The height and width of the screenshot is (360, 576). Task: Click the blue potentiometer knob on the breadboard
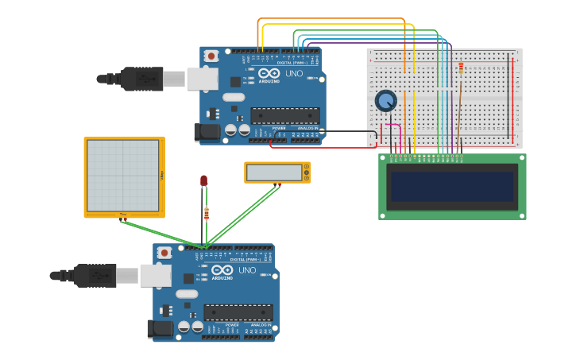(x=385, y=101)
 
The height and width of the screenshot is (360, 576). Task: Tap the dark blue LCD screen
(x=451, y=187)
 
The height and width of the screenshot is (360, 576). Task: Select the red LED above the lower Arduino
(x=203, y=181)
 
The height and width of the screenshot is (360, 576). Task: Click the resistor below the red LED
(x=207, y=213)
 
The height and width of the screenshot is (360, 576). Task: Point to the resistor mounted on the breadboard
(x=462, y=69)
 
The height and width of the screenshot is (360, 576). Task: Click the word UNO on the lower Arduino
(x=246, y=270)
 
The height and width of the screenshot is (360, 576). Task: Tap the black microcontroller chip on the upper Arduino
(x=285, y=115)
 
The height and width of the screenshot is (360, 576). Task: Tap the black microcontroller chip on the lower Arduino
(x=238, y=312)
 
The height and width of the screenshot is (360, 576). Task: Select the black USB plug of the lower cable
(x=95, y=276)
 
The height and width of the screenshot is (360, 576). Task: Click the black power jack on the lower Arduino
(x=160, y=328)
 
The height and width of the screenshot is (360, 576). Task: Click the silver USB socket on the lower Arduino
(x=155, y=275)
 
